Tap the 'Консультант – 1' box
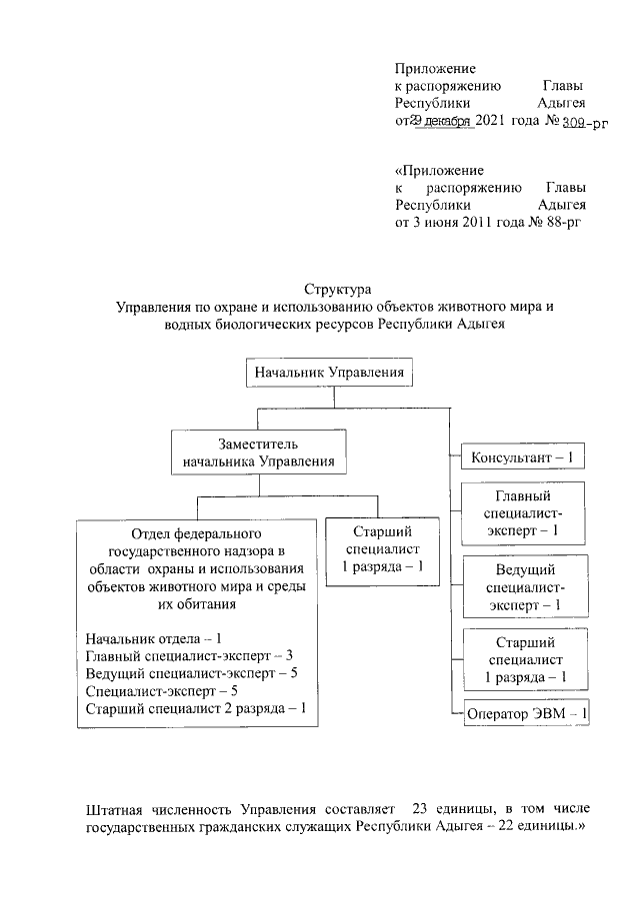pyautogui.click(x=522, y=458)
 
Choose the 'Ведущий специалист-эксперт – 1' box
pyautogui.click(x=524, y=586)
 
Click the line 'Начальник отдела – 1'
pyautogui.click(x=153, y=637)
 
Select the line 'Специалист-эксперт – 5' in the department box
pyautogui.click(x=161, y=691)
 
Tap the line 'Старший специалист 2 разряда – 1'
pyautogui.click(x=196, y=709)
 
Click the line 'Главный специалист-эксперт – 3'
pyautogui.click(x=189, y=655)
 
